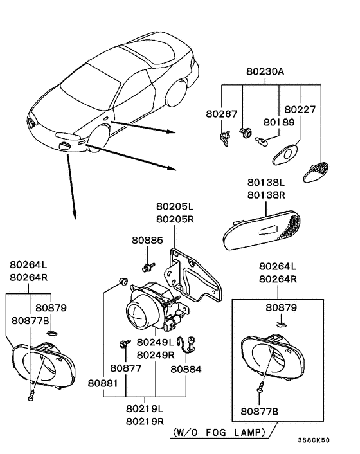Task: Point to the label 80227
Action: pos(300,109)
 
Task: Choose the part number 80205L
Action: pos(174,206)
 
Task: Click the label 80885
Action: pos(148,240)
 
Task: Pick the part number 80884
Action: pos(185,369)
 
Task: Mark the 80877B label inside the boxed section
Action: pos(259,410)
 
